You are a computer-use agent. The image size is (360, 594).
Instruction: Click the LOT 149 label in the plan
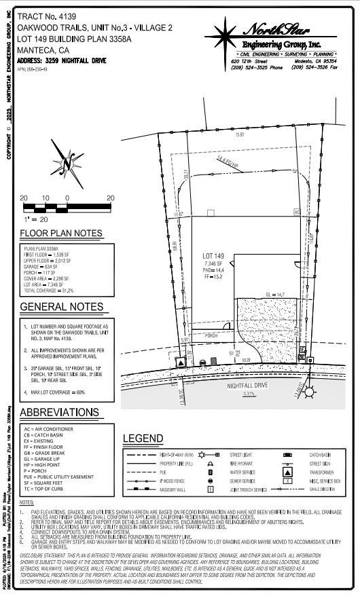click(x=214, y=256)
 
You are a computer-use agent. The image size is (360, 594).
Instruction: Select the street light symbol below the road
click(x=310, y=391)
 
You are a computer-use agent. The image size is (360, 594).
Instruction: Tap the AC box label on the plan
click(x=297, y=212)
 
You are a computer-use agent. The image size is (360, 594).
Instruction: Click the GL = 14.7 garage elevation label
click(x=274, y=294)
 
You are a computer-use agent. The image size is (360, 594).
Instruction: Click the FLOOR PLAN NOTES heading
click(x=61, y=234)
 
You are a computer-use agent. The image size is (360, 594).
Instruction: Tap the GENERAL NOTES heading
click(x=61, y=307)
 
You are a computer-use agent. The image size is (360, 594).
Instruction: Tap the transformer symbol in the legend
click(x=287, y=471)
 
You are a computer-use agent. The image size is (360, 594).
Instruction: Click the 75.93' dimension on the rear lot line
click(x=239, y=135)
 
